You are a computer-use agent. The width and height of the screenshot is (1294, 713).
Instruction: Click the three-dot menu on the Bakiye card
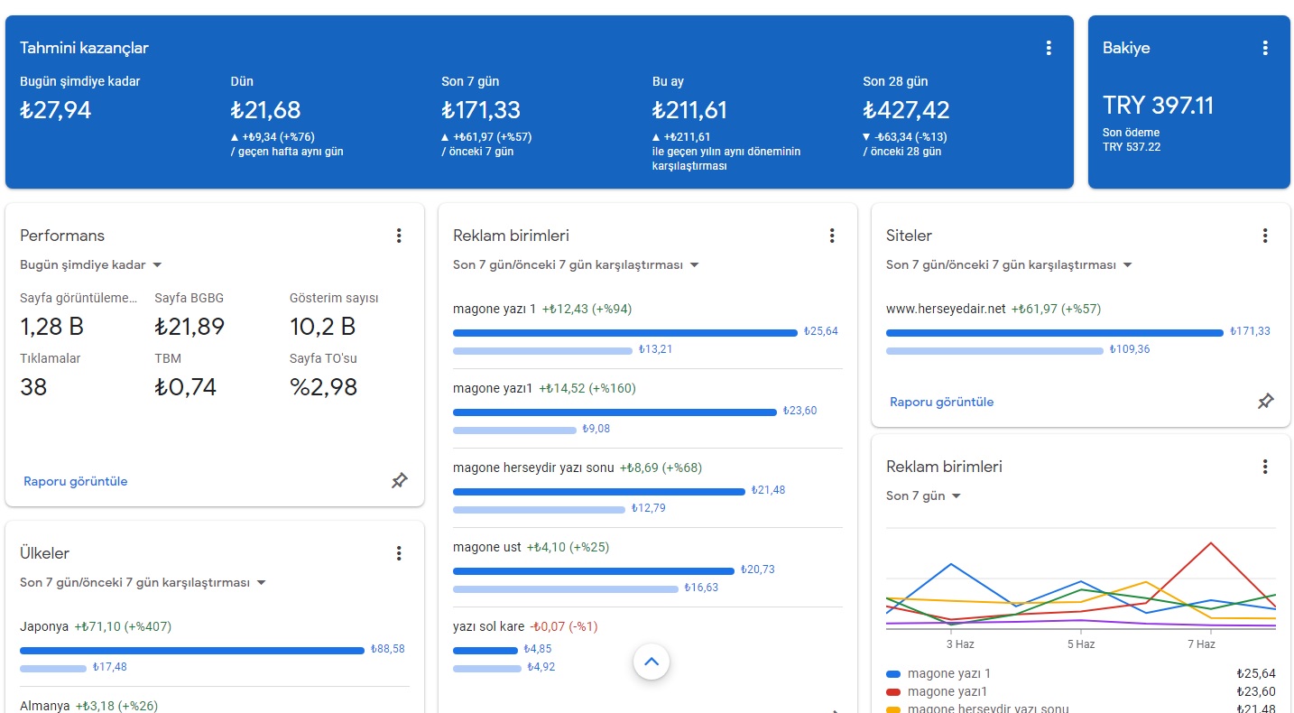1264,48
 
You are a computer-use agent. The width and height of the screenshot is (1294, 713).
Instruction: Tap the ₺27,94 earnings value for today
55,110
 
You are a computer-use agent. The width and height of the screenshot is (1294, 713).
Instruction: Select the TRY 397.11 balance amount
1158,106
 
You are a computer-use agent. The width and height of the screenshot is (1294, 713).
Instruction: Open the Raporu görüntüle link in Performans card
75,481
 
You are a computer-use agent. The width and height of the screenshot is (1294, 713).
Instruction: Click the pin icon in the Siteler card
1265,401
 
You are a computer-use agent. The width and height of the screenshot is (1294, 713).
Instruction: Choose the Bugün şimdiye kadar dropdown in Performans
91,264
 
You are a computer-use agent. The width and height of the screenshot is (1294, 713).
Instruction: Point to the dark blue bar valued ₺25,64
625,333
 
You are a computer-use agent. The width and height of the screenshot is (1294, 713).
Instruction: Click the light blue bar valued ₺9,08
514,431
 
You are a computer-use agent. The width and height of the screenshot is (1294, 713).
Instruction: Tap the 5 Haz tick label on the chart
1080,644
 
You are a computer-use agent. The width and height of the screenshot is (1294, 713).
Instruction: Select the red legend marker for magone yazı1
893,691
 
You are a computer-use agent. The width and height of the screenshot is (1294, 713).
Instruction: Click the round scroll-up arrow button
651,662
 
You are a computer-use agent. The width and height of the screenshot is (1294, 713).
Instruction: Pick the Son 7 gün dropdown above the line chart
923,495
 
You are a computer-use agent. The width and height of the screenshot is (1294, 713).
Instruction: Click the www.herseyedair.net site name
946,310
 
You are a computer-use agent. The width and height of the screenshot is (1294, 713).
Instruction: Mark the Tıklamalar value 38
32,387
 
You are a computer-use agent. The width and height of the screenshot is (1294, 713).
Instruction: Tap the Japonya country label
44,627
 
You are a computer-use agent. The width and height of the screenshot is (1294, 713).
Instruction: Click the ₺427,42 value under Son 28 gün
906,110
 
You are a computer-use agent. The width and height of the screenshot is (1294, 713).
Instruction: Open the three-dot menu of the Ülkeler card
399,553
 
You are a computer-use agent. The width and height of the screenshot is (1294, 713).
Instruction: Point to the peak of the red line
1210,543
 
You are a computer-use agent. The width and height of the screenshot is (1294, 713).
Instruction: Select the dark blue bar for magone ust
593,571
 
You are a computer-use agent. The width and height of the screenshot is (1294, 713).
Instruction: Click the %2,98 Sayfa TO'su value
323,387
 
